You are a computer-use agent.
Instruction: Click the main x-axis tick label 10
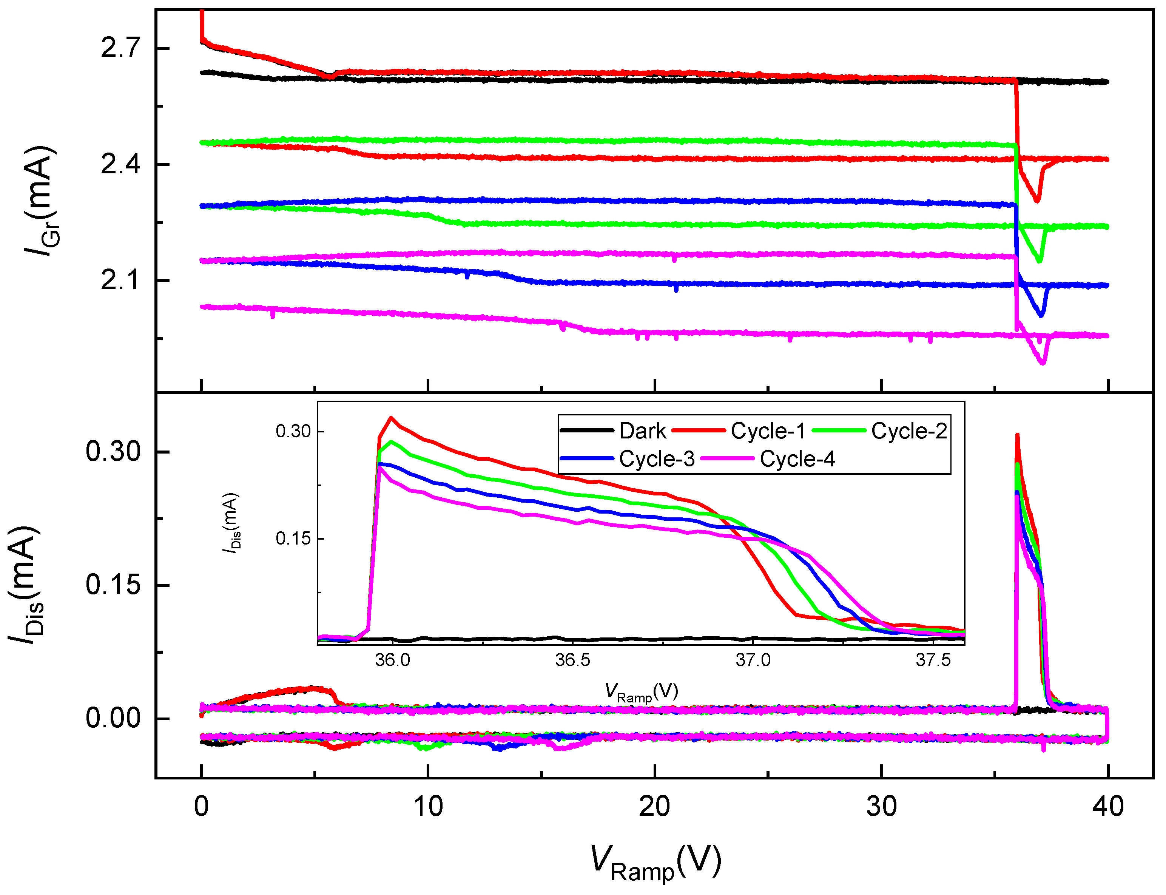428,807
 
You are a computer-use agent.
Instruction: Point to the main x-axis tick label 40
1107,807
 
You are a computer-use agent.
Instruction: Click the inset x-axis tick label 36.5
572,660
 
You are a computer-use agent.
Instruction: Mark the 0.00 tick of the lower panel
113,718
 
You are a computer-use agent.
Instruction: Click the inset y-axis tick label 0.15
293,539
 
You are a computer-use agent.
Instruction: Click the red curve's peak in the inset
392,418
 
